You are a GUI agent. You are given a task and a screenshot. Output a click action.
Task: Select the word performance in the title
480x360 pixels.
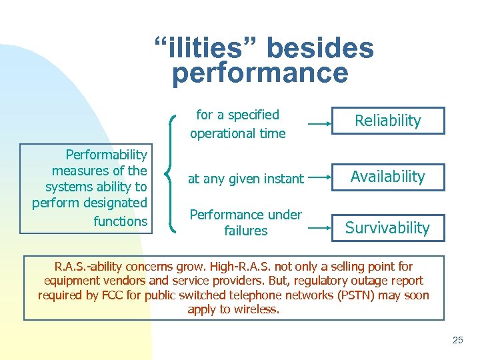click(260, 73)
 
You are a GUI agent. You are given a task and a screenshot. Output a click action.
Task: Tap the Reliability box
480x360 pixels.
click(388, 121)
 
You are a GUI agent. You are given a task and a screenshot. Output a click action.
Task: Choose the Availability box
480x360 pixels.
click(388, 177)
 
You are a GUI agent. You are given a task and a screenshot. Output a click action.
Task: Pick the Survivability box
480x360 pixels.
click(388, 228)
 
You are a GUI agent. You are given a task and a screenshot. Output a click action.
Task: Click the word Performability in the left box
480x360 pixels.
click(106, 155)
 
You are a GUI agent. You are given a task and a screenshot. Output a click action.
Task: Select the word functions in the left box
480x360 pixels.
click(120, 221)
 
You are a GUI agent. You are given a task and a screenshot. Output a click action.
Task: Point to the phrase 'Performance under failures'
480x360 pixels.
click(245, 223)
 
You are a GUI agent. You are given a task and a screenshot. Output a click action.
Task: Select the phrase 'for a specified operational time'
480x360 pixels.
click(237, 124)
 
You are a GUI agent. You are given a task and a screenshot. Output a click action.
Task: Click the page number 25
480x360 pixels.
click(457, 340)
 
